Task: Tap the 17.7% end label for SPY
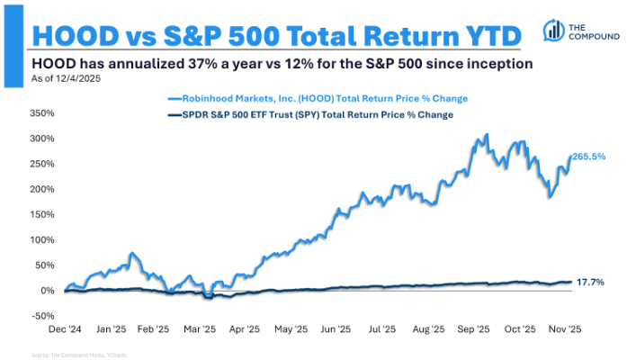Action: tap(589, 283)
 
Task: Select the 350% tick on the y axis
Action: tap(41, 114)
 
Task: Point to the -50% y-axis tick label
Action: tap(41, 316)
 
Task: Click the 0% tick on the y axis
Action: tap(46, 291)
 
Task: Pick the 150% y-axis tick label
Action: tap(41, 215)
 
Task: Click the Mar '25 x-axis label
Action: tap(204, 330)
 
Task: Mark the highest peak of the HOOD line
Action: tap(487, 135)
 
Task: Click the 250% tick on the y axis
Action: tap(41, 165)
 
